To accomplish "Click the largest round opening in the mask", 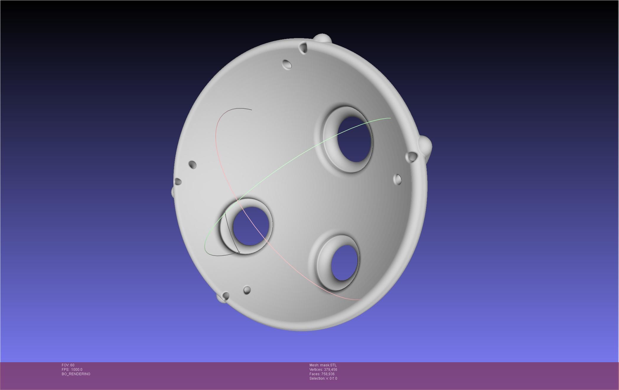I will tap(354, 139).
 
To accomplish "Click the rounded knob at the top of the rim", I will tap(322, 39).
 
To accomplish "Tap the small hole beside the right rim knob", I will tap(411, 157).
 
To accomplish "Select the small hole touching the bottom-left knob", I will tap(226, 295).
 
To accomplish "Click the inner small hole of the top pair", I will tap(287, 64).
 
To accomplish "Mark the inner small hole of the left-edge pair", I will tap(192, 164).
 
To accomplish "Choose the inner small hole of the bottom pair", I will tap(247, 290).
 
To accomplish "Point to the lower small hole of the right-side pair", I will tap(398, 179).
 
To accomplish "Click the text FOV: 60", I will tap(68, 365).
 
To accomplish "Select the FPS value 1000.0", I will tap(76, 370).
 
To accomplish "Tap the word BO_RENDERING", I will tap(76, 374).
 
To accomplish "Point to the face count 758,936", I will tap(328, 374).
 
